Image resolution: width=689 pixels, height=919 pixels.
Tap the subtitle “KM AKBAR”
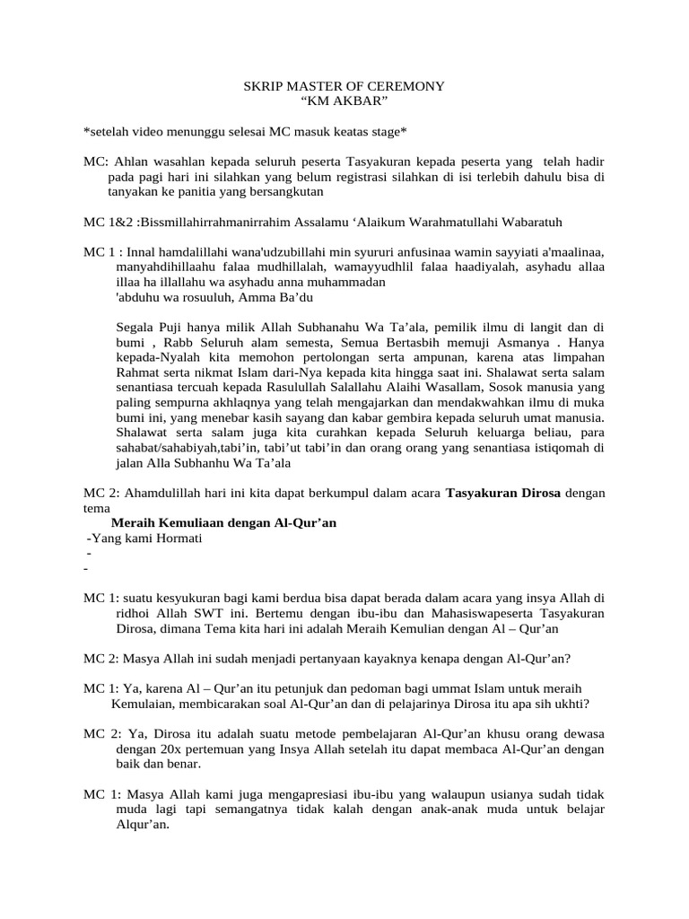point(344,102)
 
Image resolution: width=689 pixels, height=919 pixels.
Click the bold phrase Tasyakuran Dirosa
point(503,493)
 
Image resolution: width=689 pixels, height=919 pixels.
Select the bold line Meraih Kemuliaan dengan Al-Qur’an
point(223,523)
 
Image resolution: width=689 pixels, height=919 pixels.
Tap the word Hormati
point(179,538)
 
